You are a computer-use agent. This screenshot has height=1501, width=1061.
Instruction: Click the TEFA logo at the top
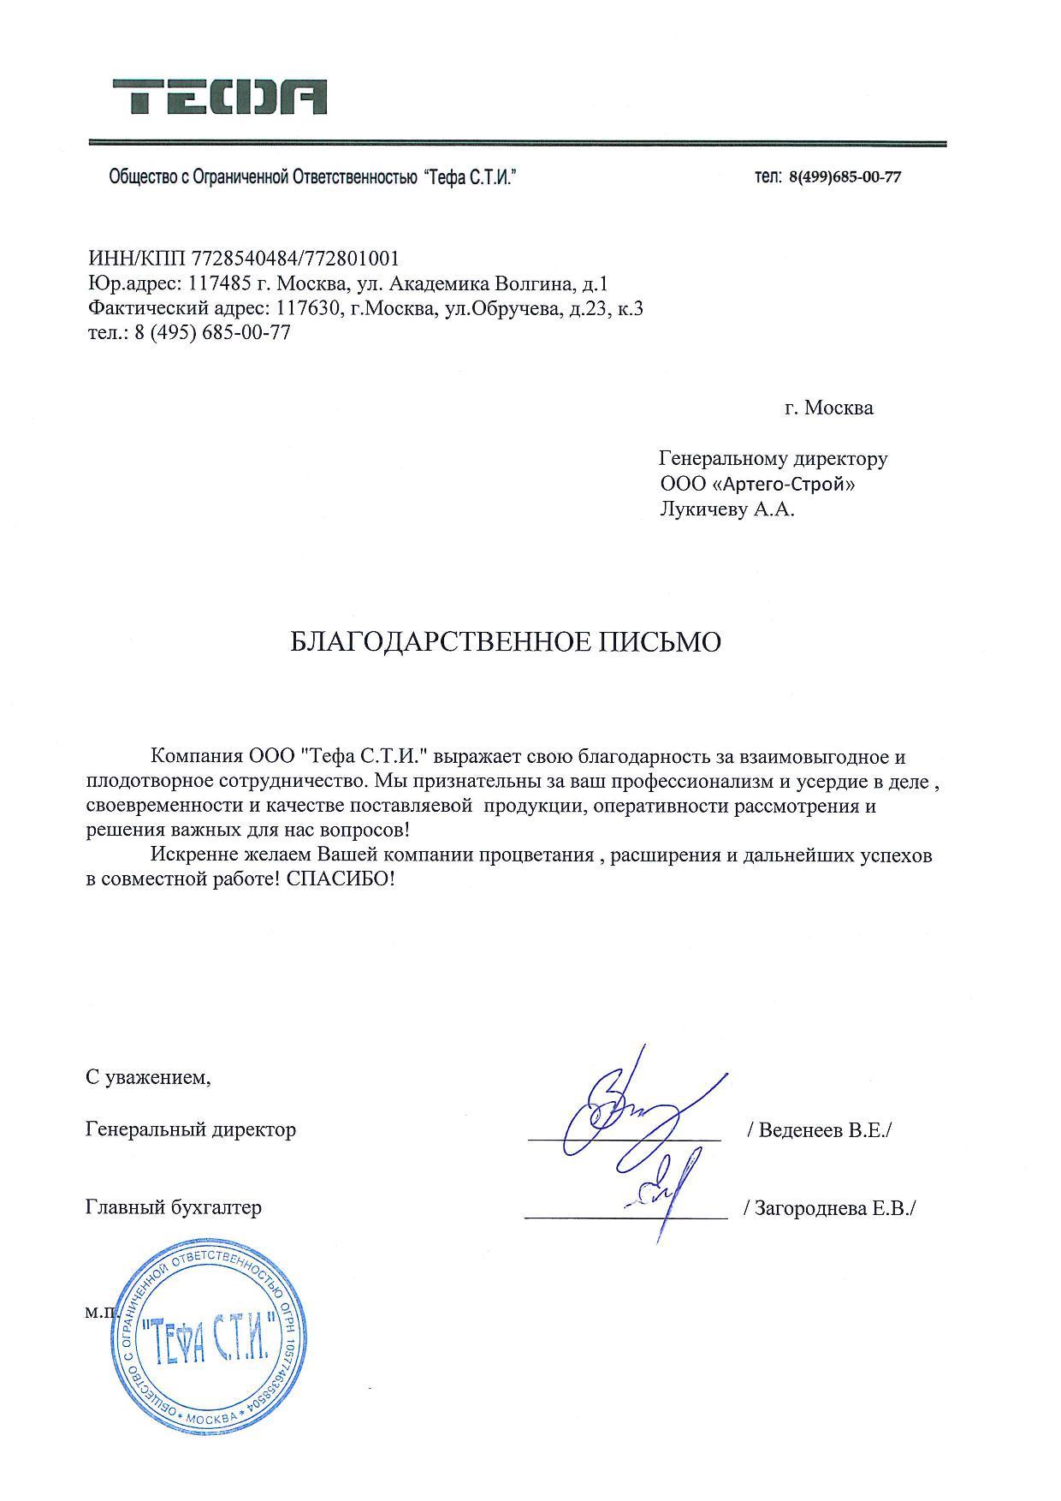pyautogui.click(x=219, y=97)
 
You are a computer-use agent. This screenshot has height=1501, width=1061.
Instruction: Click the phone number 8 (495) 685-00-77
pyautogui.click(x=211, y=333)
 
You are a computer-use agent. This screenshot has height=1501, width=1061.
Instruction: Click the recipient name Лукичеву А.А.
pyautogui.click(x=727, y=510)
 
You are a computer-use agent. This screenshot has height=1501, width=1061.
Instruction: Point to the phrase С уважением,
pyautogui.click(x=148, y=1077)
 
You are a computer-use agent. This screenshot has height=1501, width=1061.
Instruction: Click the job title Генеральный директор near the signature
pyautogui.click(x=191, y=1129)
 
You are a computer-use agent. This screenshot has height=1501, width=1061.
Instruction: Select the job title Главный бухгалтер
pyautogui.click(x=174, y=1207)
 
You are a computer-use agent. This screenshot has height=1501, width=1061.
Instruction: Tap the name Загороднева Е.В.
pyautogui.click(x=830, y=1208)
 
